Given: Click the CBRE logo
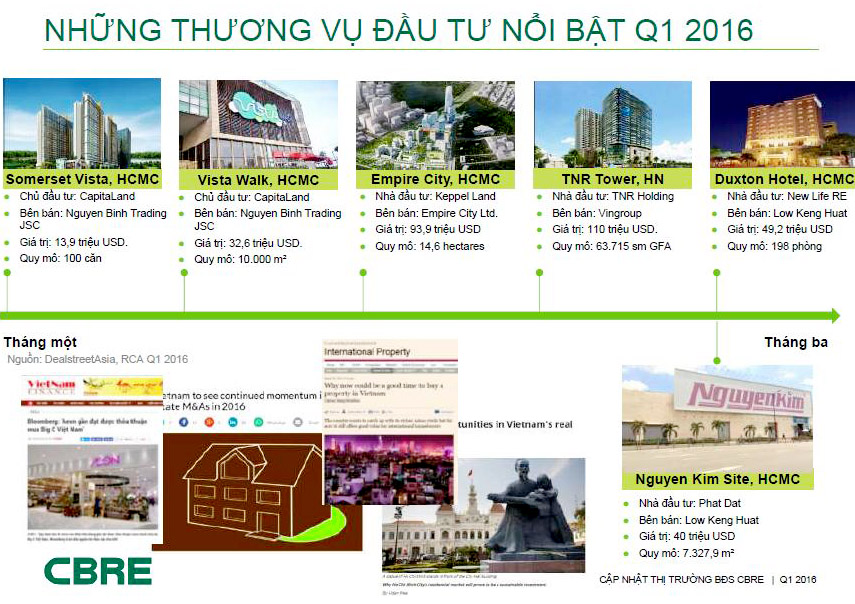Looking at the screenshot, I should (x=98, y=571).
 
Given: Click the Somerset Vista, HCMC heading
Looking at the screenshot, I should (x=81, y=179).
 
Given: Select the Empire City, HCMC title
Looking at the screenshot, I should (x=435, y=179).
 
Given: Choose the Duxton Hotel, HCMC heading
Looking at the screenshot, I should (x=784, y=179).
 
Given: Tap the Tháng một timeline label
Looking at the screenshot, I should (x=40, y=342).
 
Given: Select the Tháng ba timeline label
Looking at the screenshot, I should (x=797, y=342).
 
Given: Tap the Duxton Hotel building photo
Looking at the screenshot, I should (x=782, y=124).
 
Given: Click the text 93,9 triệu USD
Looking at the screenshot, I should (x=442, y=229).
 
